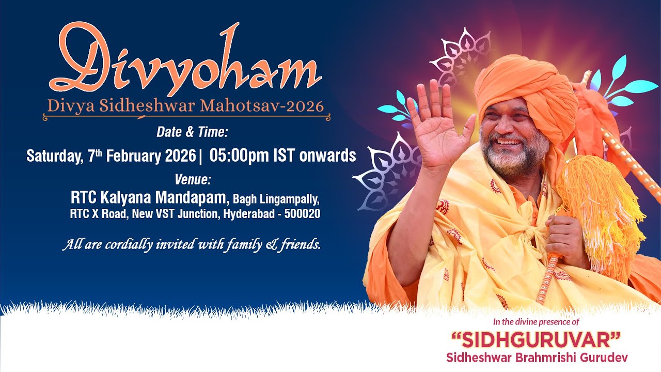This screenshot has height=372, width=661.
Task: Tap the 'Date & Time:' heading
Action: click(x=192, y=133)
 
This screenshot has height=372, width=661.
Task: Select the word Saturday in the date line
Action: click(x=52, y=156)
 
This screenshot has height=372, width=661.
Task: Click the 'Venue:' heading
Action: click(x=193, y=180)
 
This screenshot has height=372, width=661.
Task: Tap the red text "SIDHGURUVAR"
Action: click(x=536, y=341)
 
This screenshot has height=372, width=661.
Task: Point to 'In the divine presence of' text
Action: click(x=536, y=322)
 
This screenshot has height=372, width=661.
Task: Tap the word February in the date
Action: click(x=133, y=156)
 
